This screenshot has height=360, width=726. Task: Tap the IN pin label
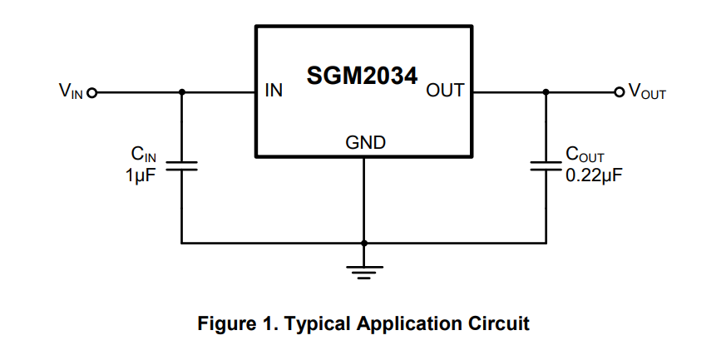click(x=274, y=91)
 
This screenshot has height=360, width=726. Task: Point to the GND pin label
click(x=365, y=143)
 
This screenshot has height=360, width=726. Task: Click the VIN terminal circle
click(x=92, y=91)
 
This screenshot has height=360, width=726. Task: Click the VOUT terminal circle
click(x=618, y=91)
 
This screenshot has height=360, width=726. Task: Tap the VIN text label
click(x=71, y=91)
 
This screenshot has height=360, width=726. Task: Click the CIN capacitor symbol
click(x=182, y=166)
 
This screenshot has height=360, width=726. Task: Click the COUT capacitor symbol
click(x=546, y=166)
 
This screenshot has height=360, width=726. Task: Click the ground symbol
click(x=364, y=271)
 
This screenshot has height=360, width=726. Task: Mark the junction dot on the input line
click(x=182, y=91)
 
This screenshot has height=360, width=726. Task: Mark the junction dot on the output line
click(x=546, y=91)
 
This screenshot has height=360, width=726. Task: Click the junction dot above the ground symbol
click(x=364, y=244)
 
